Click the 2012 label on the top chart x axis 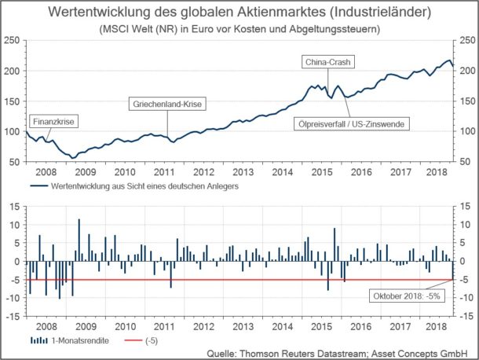205,171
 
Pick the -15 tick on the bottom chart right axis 463,316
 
